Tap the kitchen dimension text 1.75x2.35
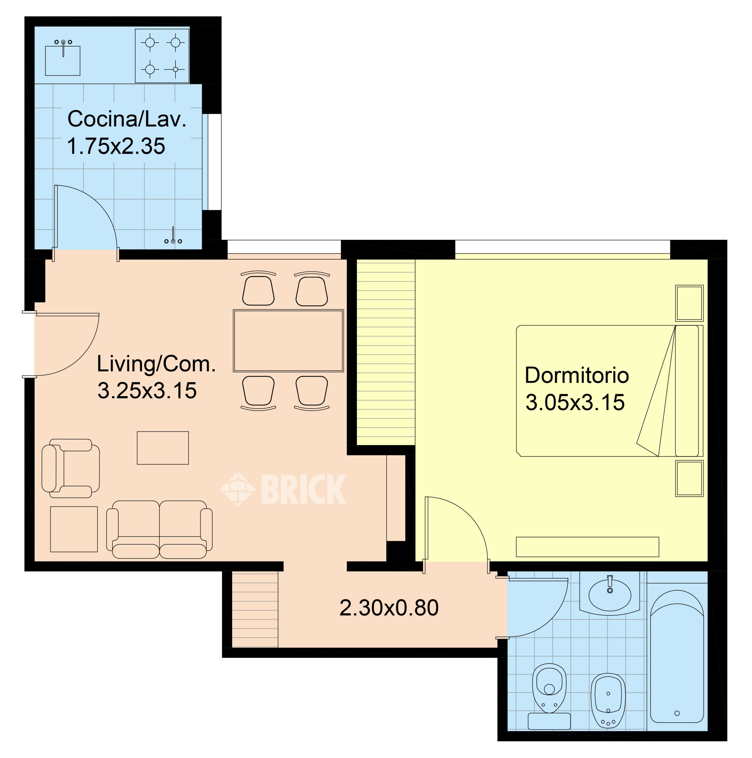tap(116, 146)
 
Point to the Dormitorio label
tap(577, 375)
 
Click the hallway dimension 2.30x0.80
tap(389, 608)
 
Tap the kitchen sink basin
tap(63, 60)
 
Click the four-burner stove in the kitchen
tap(162, 55)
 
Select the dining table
tap(288, 341)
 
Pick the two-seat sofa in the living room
tap(159, 529)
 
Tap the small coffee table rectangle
tap(163, 448)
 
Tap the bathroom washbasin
tap(609, 594)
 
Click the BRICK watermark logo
tap(283, 489)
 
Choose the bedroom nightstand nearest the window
tap(689, 303)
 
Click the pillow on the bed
tap(687, 391)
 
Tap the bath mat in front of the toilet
tap(549, 721)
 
